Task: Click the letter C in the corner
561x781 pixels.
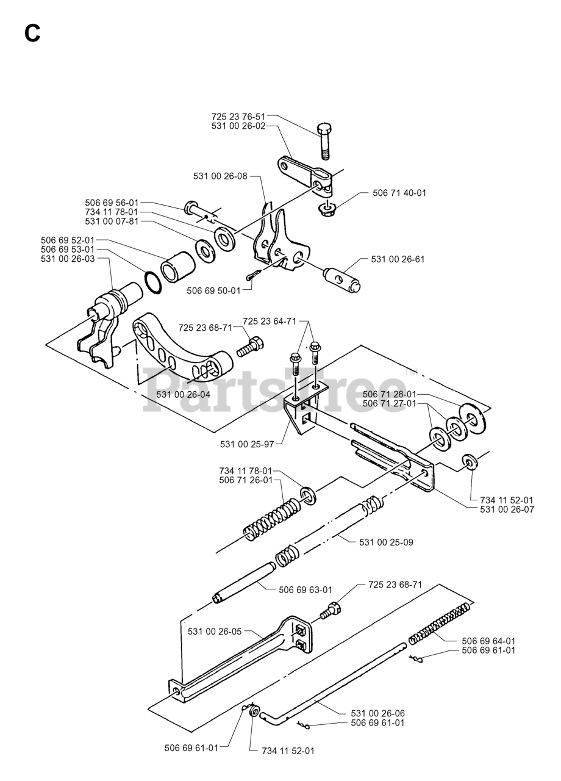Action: click(x=33, y=34)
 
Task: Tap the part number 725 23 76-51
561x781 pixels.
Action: click(x=238, y=116)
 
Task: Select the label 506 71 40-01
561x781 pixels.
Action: click(x=399, y=193)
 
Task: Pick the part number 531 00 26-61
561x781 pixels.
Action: click(x=398, y=259)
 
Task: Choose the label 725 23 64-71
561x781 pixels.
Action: click(x=270, y=321)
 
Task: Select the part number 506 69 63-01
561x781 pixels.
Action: click(x=306, y=589)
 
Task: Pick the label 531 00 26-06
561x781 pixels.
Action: click(x=377, y=713)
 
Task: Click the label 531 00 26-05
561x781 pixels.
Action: click(x=215, y=632)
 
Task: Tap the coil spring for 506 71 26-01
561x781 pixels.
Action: click(x=271, y=516)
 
